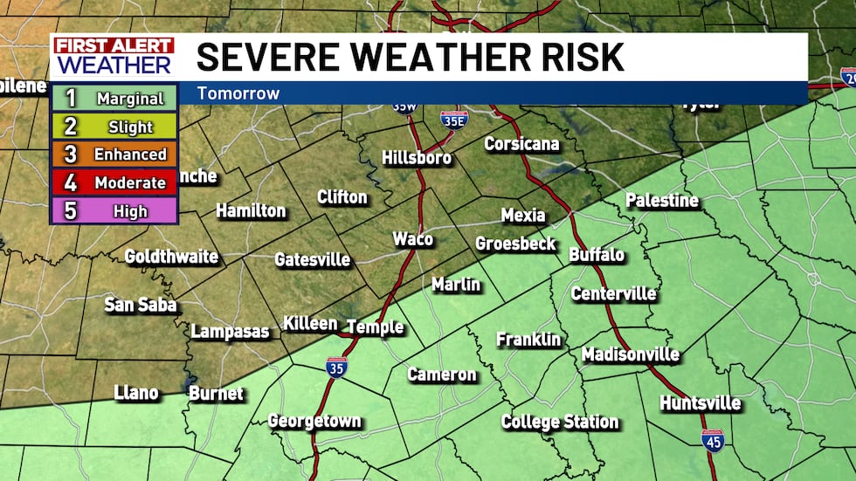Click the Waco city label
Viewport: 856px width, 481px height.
tap(412, 239)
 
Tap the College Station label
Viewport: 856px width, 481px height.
tap(560, 423)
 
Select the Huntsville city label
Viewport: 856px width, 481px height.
tap(701, 403)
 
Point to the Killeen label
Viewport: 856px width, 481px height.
tap(310, 324)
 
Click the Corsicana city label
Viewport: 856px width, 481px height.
tap(521, 144)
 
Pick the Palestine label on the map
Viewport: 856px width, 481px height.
tap(662, 201)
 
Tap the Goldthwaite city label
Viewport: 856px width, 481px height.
tap(171, 257)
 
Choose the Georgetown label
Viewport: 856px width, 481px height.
tap(314, 421)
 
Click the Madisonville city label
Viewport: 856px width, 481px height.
tap(631, 354)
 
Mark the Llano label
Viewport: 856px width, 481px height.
tap(136, 393)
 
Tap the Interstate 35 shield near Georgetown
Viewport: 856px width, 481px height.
tap(335, 368)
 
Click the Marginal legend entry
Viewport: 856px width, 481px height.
tap(114, 99)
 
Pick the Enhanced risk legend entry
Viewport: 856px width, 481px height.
tap(114, 155)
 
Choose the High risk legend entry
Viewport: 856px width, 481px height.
tap(114, 211)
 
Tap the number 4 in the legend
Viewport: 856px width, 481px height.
tap(71, 183)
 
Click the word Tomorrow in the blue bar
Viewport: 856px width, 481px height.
tap(238, 93)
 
